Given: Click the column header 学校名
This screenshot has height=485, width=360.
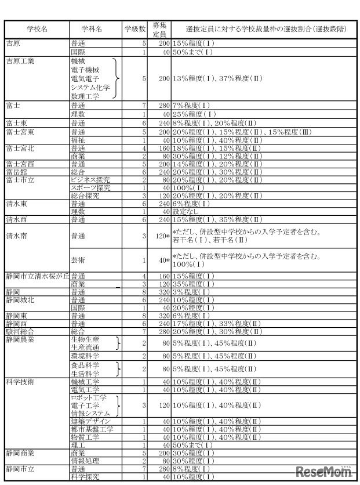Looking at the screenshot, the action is [x=37, y=28].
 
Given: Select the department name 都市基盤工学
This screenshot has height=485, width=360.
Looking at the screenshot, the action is [x=92, y=429].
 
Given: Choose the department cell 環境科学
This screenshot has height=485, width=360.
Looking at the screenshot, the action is [x=86, y=354].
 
